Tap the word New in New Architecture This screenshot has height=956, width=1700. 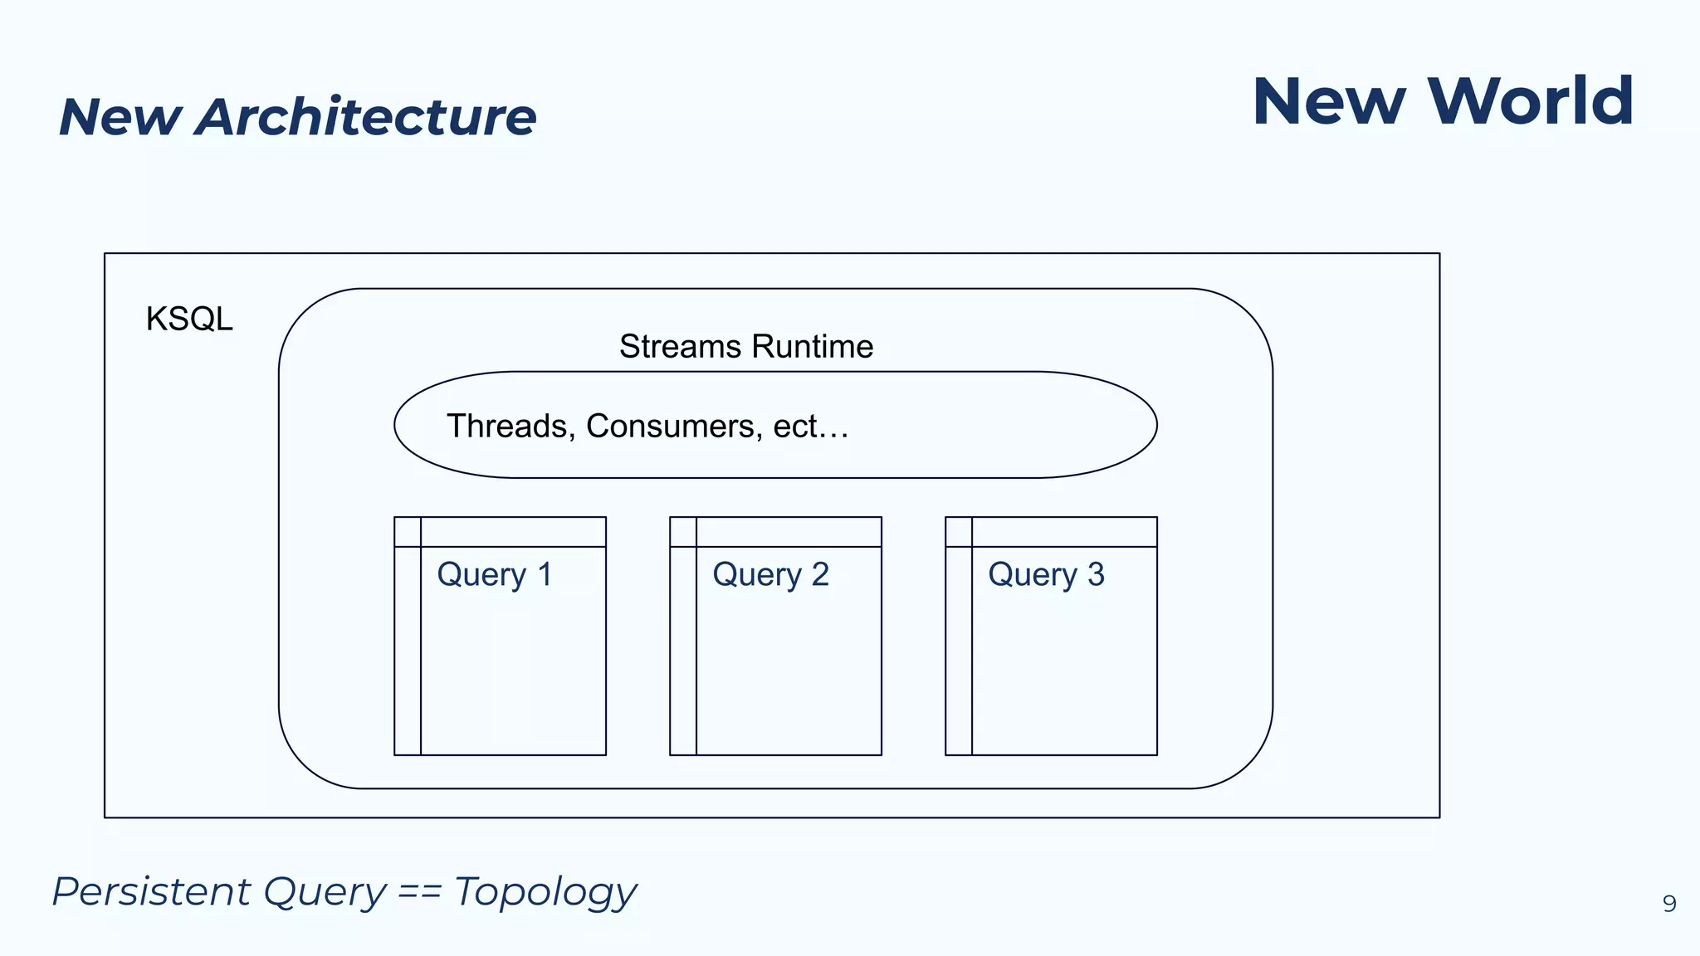point(120,117)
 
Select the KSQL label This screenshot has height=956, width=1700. point(189,319)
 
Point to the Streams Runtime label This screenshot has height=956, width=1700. point(745,347)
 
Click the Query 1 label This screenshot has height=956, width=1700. point(495,575)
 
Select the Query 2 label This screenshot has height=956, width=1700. point(770,575)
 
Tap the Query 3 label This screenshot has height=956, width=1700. point(1046,575)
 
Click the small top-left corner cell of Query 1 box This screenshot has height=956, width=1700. point(408,532)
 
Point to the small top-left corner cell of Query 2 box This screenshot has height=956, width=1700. point(683,532)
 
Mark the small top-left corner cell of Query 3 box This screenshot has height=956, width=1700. point(959,532)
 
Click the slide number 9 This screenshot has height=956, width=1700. point(1669,904)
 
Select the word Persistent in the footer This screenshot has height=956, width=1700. point(151,892)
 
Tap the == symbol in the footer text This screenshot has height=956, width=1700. point(419,893)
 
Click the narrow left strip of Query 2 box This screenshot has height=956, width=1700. point(683,651)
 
